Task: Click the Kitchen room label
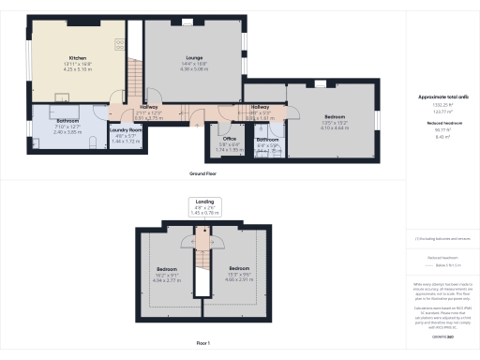tap(65, 57)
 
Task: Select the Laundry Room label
tap(125, 130)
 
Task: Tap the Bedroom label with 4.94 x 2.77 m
tap(166, 269)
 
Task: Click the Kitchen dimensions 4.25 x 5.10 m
tap(65, 68)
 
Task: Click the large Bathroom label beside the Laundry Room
tap(67, 121)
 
